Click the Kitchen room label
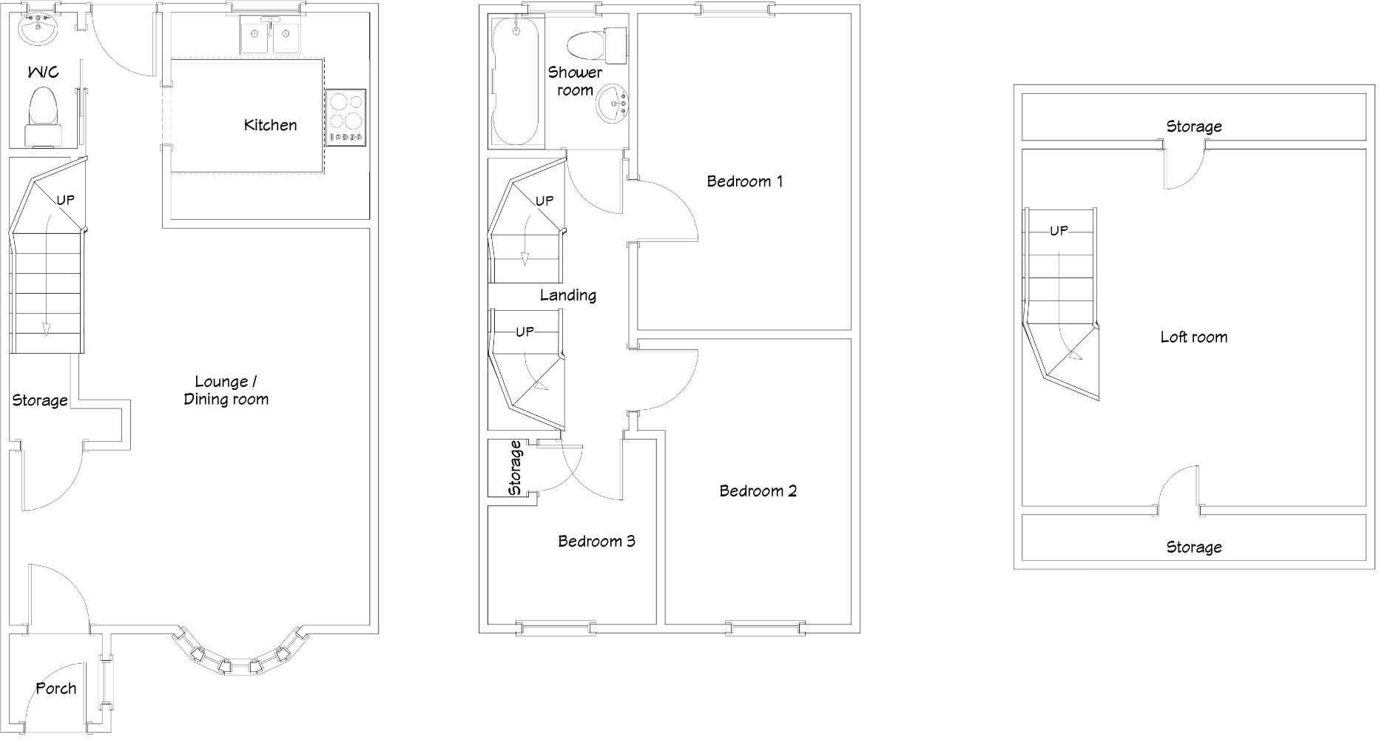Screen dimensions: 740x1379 [x=270, y=125]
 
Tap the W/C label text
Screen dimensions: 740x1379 [x=43, y=72]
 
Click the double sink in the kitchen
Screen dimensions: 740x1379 [x=270, y=36]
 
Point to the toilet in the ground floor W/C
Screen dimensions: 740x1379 [x=42, y=117]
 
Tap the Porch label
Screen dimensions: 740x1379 [x=56, y=688]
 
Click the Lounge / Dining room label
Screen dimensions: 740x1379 [x=226, y=390]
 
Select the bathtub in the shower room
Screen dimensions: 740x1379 [x=516, y=81]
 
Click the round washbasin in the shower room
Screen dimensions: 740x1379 [x=613, y=103]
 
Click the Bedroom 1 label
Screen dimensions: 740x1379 [x=744, y=181]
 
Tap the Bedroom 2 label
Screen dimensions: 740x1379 [x=758, y=491]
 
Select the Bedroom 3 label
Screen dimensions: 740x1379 [x=596, y=541]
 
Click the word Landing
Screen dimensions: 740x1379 [x=567, y=295]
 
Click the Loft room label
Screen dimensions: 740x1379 [x=1193, y=337]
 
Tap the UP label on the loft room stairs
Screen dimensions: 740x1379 [x=1059, y=231]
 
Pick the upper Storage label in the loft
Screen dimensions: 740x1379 [x=1193, y=127]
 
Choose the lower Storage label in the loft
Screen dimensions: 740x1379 [x=1193, y=547]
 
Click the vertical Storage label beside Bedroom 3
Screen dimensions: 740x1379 [x=515, y=468]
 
